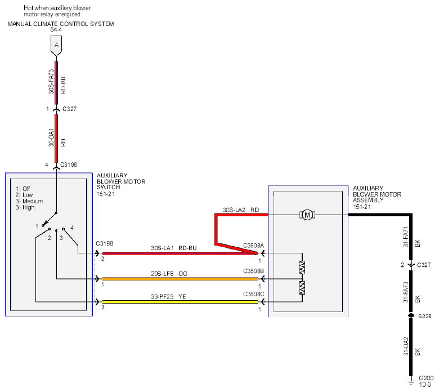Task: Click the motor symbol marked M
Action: click(x=307, y=215)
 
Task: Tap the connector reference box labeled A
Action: click(x=56, y=46)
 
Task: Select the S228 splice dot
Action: click(x=411, y=315)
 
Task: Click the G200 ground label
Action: click(x=426, y=378)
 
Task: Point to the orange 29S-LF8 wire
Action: click(x=180, y=279)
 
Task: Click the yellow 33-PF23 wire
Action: click(x=180, y=302)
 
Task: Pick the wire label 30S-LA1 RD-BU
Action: click(x=173, y=248)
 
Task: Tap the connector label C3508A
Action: click(x=253, y=246)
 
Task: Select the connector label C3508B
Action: click(x=253, y=271)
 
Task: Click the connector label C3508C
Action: click(x=253, y=294)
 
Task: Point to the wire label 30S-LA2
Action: click(x=234, y=210)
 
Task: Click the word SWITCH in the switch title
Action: click(x=109, y=187)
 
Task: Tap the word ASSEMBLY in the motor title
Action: click(x=368, y=200)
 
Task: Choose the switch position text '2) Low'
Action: click(x=24, y=195)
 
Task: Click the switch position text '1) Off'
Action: click(x=23, y=189)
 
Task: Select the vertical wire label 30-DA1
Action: click(x=51, y=137)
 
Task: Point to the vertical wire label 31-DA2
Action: click(x=406, y=346)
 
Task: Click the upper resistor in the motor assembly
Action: click(x=302, y=268)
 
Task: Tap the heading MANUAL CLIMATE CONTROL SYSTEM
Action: click(x=61, y=24)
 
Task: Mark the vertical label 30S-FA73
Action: click(x=51, y=82)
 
